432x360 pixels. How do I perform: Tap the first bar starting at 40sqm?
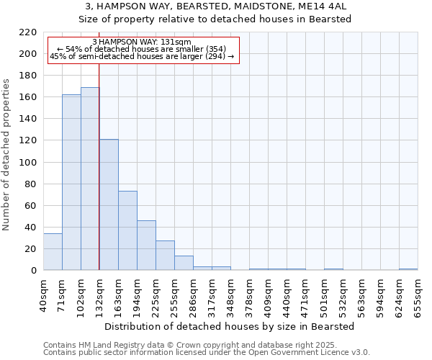(53, 252)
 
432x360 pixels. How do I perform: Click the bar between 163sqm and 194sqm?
(127, 230)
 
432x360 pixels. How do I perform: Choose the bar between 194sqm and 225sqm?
(146, 246)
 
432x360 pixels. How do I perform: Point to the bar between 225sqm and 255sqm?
(165, 256)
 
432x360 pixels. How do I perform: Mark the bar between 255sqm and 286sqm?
(184, 263)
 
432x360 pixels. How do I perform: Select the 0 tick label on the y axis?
(34, 271)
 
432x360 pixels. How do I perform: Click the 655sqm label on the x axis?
(418, 295)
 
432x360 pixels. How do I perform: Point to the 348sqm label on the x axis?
(230, 295)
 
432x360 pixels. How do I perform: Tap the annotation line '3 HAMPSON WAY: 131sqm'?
(142, 42)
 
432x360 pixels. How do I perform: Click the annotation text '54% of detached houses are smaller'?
(142, 49)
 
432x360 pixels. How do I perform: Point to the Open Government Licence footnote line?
(207, 353)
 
